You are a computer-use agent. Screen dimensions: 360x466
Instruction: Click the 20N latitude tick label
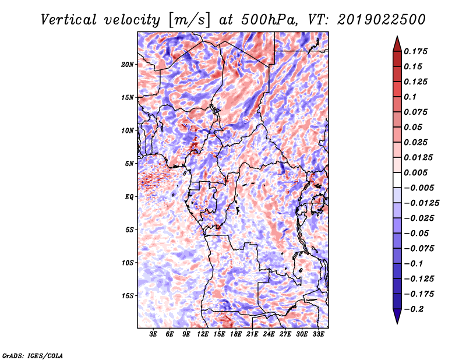(x=128, y=64)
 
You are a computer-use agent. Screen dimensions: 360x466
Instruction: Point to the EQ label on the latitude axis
(x=130, y=197)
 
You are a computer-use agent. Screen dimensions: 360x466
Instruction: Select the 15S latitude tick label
(x=128, y=296)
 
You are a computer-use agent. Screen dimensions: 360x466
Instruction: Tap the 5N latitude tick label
(x=129, y=164)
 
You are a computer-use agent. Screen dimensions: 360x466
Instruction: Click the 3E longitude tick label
(x=153, y=335)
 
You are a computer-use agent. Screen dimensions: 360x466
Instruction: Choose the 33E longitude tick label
(x=318, y=335)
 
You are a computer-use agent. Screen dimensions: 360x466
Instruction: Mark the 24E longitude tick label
(x=269, y=335)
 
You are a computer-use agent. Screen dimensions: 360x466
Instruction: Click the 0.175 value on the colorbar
(x=417, y=51)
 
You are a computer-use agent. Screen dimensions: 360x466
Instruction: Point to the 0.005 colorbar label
(x=417, y=172)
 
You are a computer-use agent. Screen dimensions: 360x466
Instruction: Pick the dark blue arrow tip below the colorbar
(x=397, y=318)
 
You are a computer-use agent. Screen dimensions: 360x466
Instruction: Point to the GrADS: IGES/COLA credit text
(x=32, y=355)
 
